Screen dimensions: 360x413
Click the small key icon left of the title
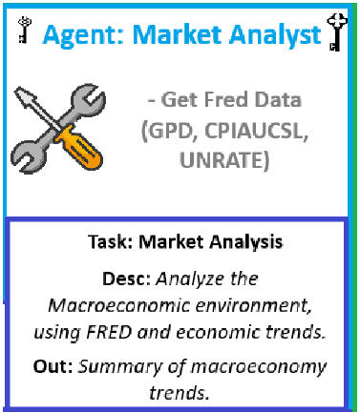tap(24, 30)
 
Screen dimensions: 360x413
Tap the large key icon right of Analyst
tap(337, 31)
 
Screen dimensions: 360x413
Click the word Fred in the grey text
tap(225, 99)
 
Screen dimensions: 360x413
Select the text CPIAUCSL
tap(257, 131)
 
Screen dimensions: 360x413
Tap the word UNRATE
tap(220, 159)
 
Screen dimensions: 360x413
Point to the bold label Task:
tap(111, 241)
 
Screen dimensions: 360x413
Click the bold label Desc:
tap(127, 279)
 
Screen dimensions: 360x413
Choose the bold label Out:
tap(53, 366)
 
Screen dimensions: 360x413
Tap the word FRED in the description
tap(109, 333)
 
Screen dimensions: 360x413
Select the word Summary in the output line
tap(120, 367)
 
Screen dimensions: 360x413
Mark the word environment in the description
tap(254, 306)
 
